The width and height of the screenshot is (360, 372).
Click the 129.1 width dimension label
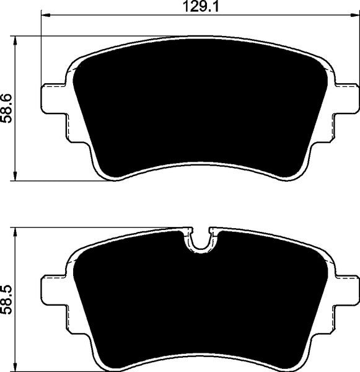coord(201,7)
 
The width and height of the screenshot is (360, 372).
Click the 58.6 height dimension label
coord(6,108)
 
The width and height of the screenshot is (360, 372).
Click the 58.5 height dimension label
coord(6,300)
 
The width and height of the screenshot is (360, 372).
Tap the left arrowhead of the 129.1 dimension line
coord(46,15)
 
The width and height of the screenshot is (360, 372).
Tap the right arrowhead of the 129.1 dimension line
coord(355,15)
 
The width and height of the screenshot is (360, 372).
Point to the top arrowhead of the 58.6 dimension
coord(15,40)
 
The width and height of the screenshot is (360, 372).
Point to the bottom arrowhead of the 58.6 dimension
coord(15,176)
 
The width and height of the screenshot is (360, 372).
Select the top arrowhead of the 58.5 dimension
coord(15,232)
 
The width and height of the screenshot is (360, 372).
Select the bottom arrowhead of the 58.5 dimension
coord(15,367)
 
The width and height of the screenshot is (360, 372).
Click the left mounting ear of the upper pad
coord(53,99)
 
